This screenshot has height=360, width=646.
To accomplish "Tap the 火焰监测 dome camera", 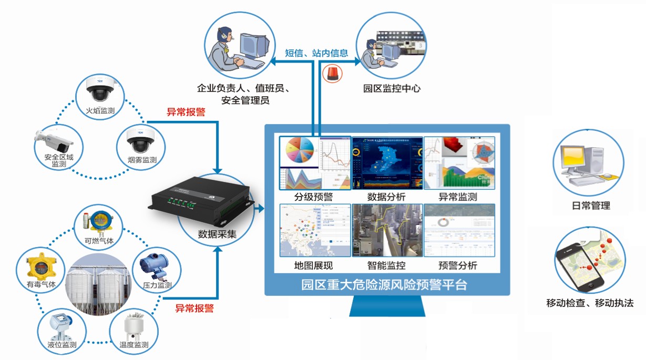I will (x=100, y=92).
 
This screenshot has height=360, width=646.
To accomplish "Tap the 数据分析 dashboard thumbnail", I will (x=387, y=163).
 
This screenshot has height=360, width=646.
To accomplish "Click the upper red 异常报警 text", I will (x=186, y=111).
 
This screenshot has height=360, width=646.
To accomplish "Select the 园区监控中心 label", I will (x=392, y=88).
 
